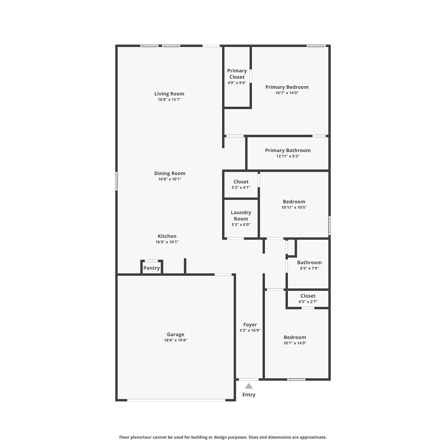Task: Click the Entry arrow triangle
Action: point(249,386)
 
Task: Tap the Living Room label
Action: point(169,94)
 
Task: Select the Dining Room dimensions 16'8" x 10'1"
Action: point(169,179)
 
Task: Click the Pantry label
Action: point(152,268)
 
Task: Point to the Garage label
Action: point(176,334)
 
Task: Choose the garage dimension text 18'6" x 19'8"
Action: point(176,340)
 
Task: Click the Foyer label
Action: point(250,325)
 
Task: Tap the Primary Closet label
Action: point(237,74)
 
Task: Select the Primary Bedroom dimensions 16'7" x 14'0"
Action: point(287,93)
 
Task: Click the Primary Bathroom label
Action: point(288,151)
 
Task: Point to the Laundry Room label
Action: point(241,216)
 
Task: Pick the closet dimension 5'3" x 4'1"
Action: point(241,187)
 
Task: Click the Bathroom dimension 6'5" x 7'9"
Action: point(310,268)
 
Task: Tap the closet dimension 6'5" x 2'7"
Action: point(308,301)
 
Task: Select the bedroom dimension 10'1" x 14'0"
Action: point(295,343)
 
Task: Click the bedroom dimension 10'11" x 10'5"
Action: point(294,207)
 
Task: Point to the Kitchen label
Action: point(167,236)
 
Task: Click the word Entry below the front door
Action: point(249,395)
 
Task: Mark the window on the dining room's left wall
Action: point(116,181)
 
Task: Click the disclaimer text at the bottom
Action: point(223,437)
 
